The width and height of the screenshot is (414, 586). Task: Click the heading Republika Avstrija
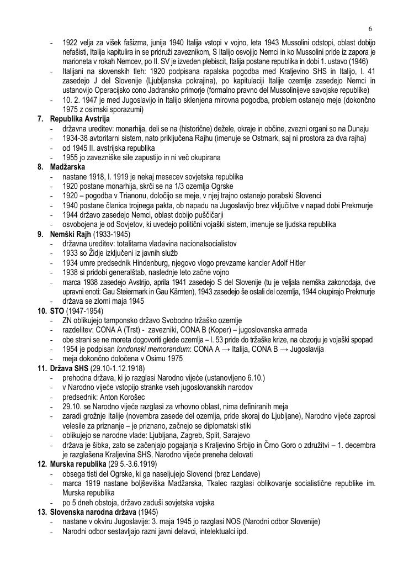(79, 119)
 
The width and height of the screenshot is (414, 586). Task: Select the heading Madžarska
(67, 167)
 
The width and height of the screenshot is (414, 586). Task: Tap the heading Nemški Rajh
(70, 234)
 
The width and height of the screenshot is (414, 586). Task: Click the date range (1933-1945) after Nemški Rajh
(112, 234)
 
